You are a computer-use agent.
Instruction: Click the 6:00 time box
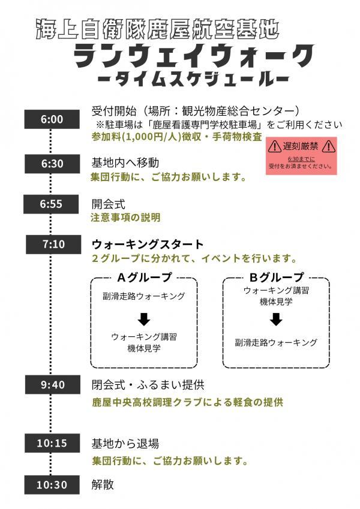[52, 119]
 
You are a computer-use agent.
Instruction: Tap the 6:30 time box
[52, 164]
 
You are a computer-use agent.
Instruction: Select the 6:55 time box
[51, 204]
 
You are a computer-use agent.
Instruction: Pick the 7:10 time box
[53, 244]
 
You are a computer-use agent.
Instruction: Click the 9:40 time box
[53, 385]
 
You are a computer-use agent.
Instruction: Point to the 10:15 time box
[52, 443]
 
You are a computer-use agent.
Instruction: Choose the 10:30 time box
[52, 485]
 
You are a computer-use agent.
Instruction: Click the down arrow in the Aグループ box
[144, 320]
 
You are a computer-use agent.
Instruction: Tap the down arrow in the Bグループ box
[276, 320]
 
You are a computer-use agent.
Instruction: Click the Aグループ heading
[144, 277]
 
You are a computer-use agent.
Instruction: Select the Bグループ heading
[276, 277]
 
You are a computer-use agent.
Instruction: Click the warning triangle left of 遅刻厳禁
[275, 147]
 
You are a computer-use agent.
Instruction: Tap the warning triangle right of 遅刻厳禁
[328, 147]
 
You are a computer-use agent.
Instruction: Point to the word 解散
[103, 484]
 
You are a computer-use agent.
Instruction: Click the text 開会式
[108, 204]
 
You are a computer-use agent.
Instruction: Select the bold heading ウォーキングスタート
[148, 244]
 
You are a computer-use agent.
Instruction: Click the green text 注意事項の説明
[125, 218]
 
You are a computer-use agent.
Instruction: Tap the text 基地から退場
[125, 444]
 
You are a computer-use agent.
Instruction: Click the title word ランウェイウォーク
[194, 56]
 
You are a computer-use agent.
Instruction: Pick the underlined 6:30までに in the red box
[301, 159]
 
